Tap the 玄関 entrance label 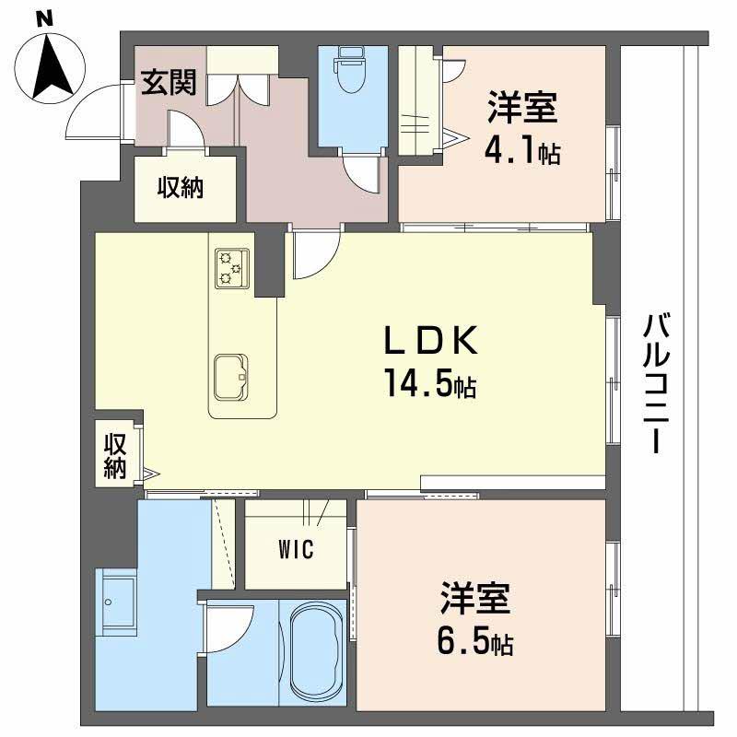tap(168, 84)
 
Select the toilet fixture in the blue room tap(350, 74)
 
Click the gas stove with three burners tap(232, 268)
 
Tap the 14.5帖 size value tap(428, 386)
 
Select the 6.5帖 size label tap(475, 640)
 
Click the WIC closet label tap(297, 551)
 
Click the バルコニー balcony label tap(655, 382)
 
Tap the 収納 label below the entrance tap(180, 188)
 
